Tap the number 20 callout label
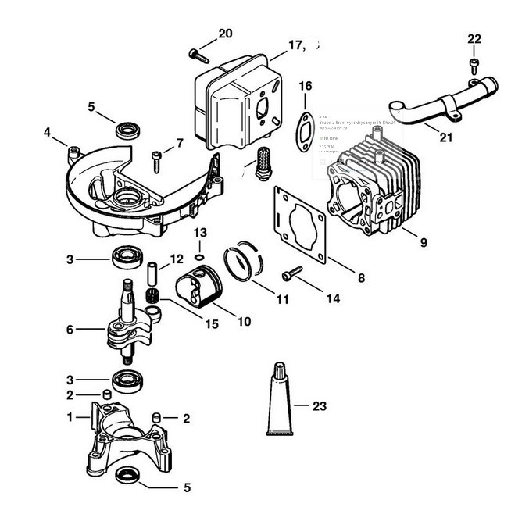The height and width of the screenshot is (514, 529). click(225, 34)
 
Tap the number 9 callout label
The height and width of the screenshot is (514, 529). click(423, 242)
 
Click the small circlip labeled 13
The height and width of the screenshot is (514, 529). click(199, 256)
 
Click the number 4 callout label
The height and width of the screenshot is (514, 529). click(48, 132)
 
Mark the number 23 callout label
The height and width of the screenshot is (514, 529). click(318, 406)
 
